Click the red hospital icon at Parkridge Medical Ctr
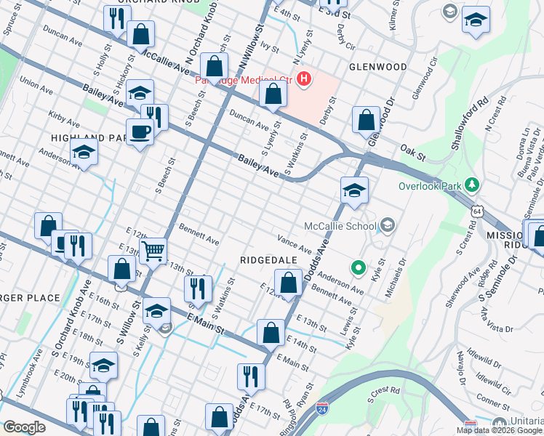(304, 78)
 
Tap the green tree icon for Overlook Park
(473, 185)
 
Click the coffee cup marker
(139, 132)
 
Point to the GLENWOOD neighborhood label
(377, 67)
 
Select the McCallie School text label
(340, 225)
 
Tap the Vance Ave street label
(294, 244)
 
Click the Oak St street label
(412, 153)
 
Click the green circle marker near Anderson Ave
(358, 267)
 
